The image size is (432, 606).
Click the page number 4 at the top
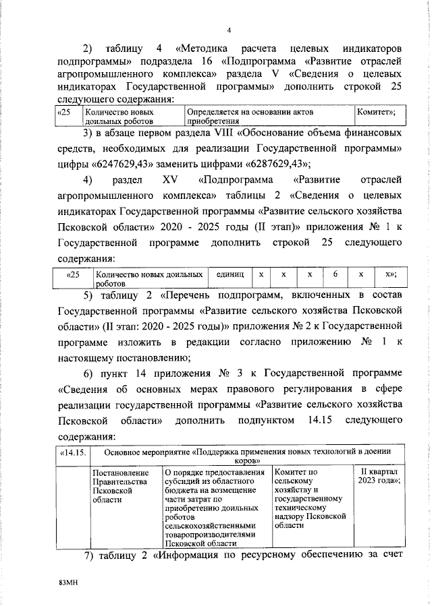[x=229, y=30]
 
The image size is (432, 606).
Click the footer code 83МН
[x=70, y=579]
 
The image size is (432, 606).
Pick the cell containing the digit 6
[x=334, y=274]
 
